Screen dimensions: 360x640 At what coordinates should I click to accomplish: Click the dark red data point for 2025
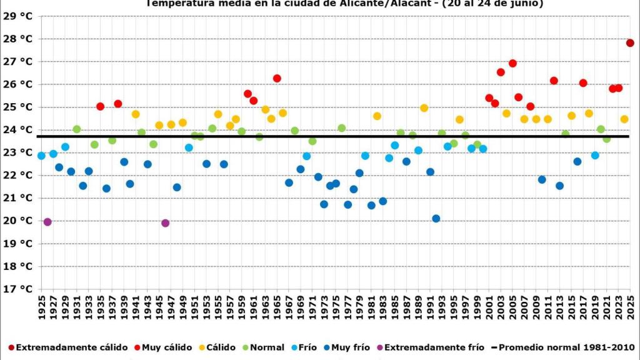pos(630,43)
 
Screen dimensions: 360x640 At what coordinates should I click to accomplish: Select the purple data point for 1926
pos(47,222)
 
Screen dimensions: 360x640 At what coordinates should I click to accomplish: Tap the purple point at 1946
pos(165,223)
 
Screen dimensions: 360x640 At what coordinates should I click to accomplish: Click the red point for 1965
pos(277,79)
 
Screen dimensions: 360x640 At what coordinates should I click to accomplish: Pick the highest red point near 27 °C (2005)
pos(512,63)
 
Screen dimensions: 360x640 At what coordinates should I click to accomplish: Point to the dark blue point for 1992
pos(436,219)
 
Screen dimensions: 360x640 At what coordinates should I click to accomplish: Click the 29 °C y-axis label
pos(17,16)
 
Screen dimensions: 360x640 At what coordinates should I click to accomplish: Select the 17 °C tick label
pos(17,289)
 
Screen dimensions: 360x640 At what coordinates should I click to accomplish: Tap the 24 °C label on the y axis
pos(17,130)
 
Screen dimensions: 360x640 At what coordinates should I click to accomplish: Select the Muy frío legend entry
pos(349,347)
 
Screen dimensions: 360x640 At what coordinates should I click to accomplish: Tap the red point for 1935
pos(100,107)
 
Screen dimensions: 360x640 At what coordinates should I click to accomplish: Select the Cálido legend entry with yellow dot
pos(216,347)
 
